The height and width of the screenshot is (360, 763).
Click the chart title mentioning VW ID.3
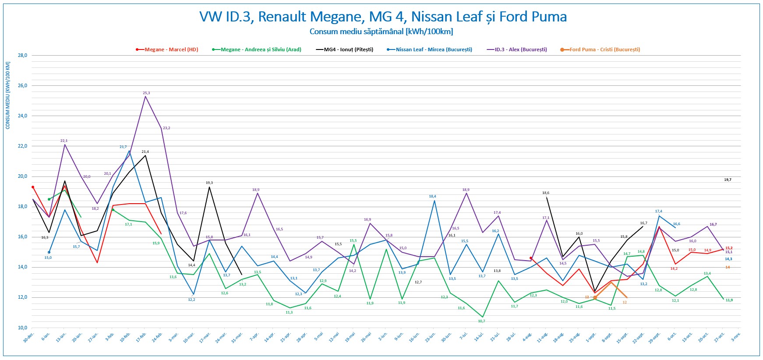pyautogui.click(x=383, y=17)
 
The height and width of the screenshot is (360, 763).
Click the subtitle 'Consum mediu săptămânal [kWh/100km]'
pyautogui.click(x=381, y=32)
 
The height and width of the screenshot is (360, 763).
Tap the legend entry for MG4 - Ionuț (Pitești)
pyautogui.click(x=348, y=49)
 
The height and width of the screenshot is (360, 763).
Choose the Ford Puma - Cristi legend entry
pyautogui.click(x=604, y=49)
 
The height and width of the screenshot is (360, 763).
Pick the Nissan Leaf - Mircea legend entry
pyautogui.click(x=434, y=49)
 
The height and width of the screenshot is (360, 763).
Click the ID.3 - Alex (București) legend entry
pyautogui.click(x=521, y=49)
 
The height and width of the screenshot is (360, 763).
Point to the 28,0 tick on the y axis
pyautogui.click(x=22, y=56)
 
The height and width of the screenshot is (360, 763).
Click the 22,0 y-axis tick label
pyautogui.click(x=22, y=146)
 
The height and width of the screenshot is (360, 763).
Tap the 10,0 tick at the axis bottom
pyautogui.click(x=22, y=328)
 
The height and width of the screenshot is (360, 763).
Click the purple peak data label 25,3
pyautogui.click(x=146, y=93)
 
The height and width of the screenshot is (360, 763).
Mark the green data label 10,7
pyautogui.click(x=481, y=321)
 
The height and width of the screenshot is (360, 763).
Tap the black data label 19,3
pyautogui.click(x=209, y=183)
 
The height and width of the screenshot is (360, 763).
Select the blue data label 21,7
pyautogui.click(x=123, y=147)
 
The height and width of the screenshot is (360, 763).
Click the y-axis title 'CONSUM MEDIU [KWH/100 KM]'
pyautogui.click(x=8, y=95)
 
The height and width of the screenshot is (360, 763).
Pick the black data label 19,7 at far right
pyautogui.click(x=728, y=180)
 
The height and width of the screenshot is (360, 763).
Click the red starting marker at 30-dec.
pyautogui.click(x=33, y=187)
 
